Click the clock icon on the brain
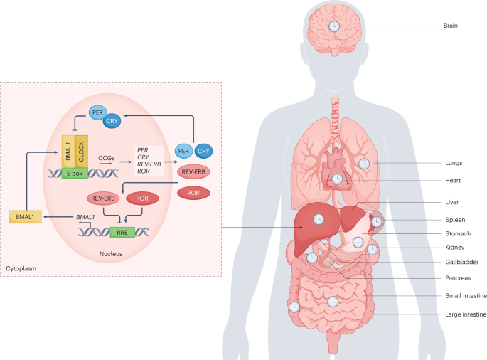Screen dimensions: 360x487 click(333, 26)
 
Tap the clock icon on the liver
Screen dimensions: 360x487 click(319, 218)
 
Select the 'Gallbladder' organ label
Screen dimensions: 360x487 click(463, 262)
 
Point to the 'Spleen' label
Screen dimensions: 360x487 click(456, 218)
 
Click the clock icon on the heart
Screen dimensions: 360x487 click(338, 179)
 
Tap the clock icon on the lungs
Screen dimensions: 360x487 click(364, 164)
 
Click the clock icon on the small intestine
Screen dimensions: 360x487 click(332, 302)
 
